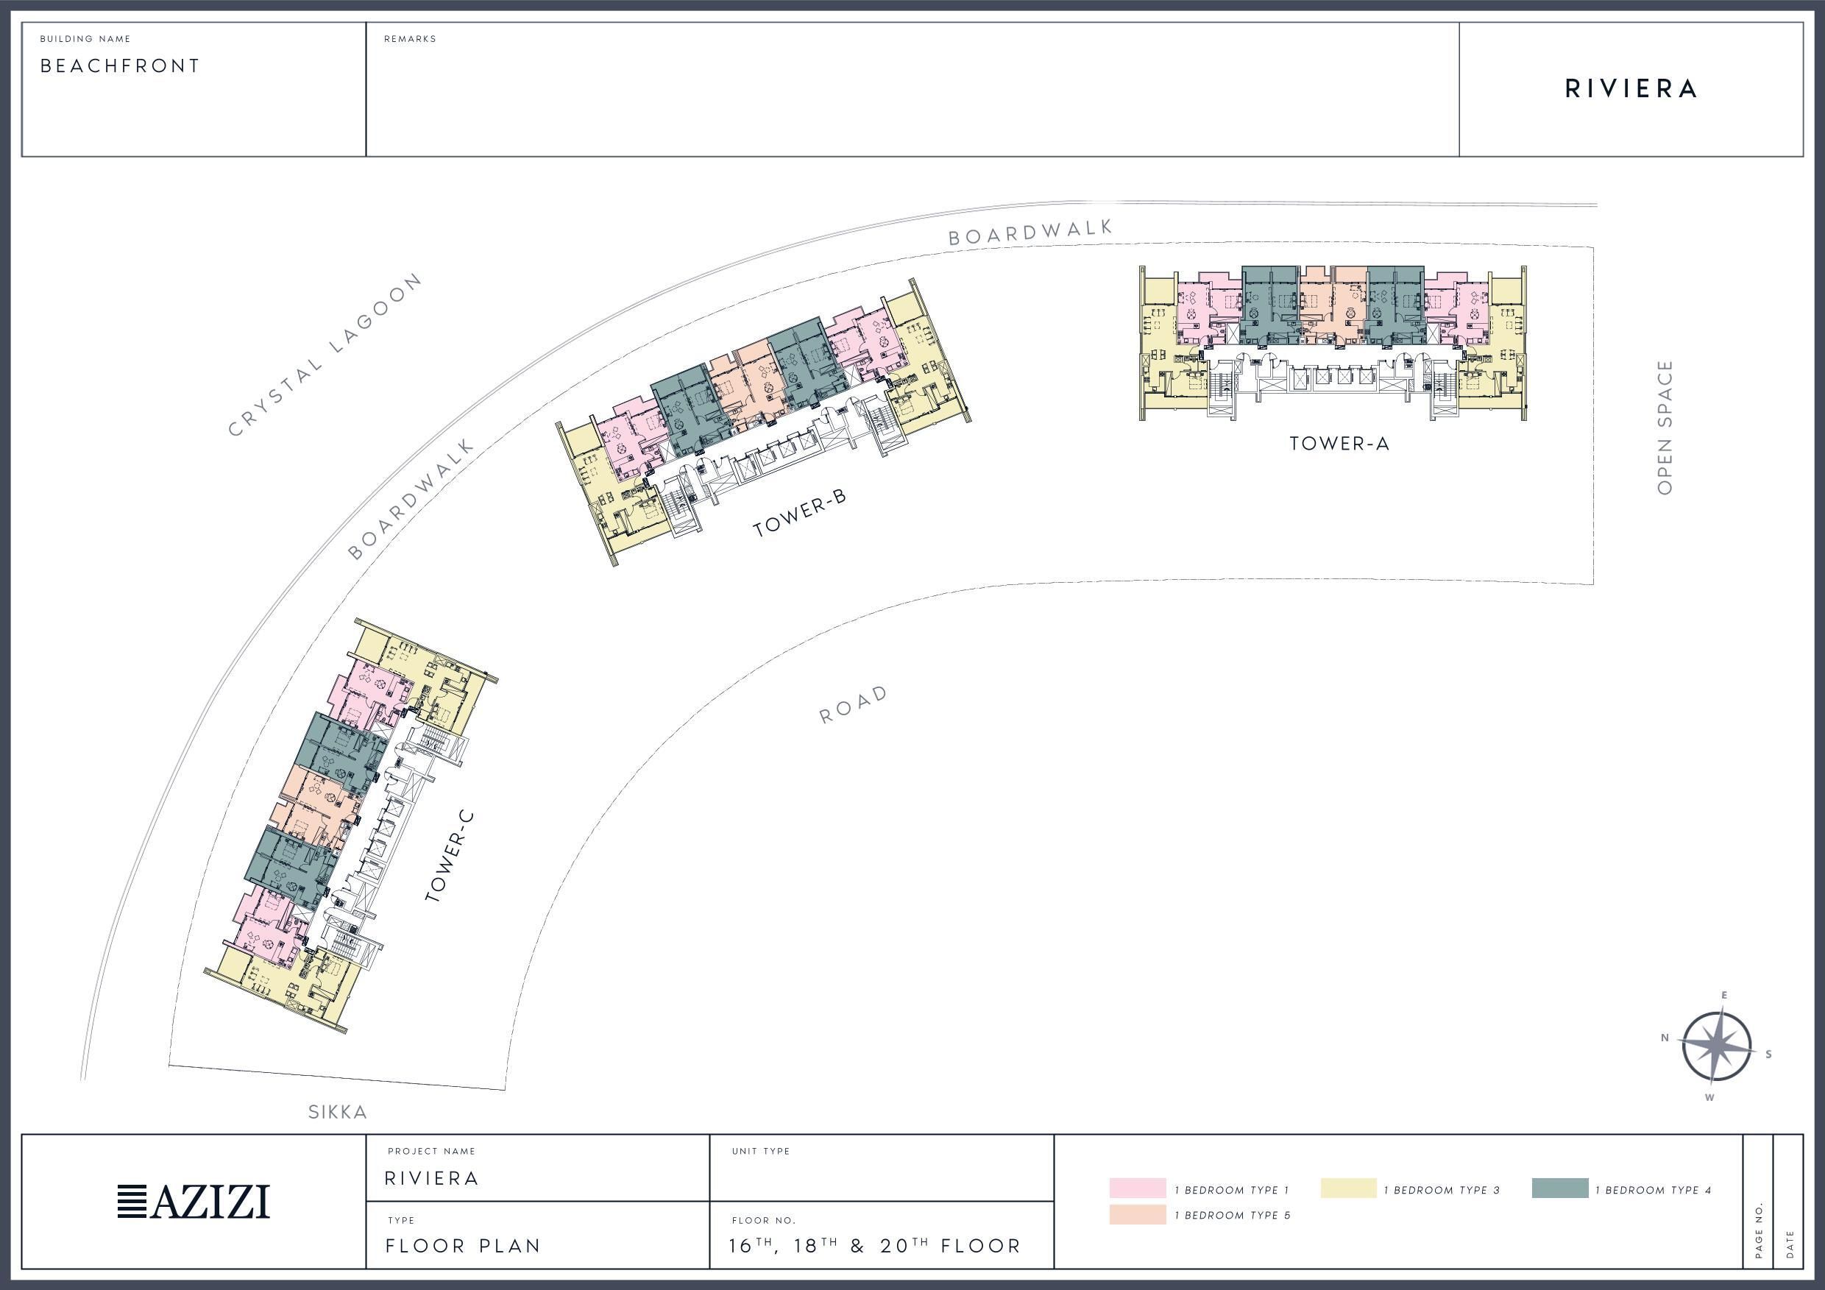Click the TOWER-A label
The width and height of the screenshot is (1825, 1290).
click(x=1339, y=444)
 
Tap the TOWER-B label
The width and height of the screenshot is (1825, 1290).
click(x=800, y=513)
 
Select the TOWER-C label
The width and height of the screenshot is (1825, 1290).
click(x=449, y=856)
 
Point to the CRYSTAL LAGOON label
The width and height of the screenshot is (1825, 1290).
click(x=325, y=355)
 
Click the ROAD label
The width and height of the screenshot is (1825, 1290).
click(x=854, y=704)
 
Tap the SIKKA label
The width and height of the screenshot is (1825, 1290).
click(x=338, y=1112)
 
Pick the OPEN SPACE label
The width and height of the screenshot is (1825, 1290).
click(x=1665, y=427)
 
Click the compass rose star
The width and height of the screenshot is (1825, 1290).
click(x=1717, y=1046)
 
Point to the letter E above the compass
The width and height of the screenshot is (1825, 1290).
click(x=1724, y=995)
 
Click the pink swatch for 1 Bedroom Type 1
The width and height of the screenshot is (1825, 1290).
click(x=1138, y=1188)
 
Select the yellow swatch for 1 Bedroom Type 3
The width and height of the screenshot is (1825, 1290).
click(x=1348, y=1188)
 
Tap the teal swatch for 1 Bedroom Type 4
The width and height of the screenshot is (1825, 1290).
click(x=1559, y=1188)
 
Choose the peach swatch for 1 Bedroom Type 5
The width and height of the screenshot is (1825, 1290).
click(x=1138, y=1213)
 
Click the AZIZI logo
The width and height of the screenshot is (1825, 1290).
click(x=193, y=1201)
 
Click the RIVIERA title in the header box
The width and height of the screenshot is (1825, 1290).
click(x=1631, y=89)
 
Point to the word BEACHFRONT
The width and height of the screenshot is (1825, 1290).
click(x=120, y=66)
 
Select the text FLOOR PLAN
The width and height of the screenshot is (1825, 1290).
click(x=463, y=1246)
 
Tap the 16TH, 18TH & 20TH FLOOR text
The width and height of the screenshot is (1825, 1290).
click(x=874, y=1244)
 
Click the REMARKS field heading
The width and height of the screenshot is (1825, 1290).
click(x=410, y=39)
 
